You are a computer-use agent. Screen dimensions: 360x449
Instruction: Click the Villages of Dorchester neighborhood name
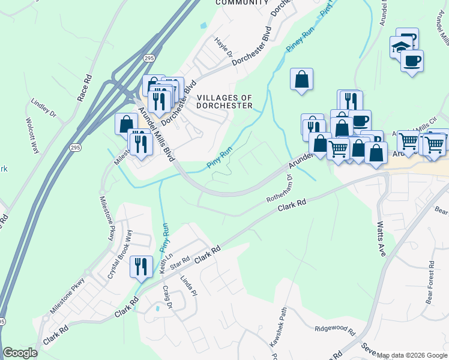pyautogui.click(x=224, y=101)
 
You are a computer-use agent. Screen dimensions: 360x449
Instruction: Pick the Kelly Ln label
pyautogui.click(x=163, y=265)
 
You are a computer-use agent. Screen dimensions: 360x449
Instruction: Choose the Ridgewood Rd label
pyautogui.click(x=335, y=329)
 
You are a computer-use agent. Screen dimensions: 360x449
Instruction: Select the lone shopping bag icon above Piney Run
pyautogui.click(x=301, y=79)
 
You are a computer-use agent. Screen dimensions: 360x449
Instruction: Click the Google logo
pyautogui.click(x=20, y=353)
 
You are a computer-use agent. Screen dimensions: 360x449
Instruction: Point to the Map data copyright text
pyautogui.click(x=412, y=355)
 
